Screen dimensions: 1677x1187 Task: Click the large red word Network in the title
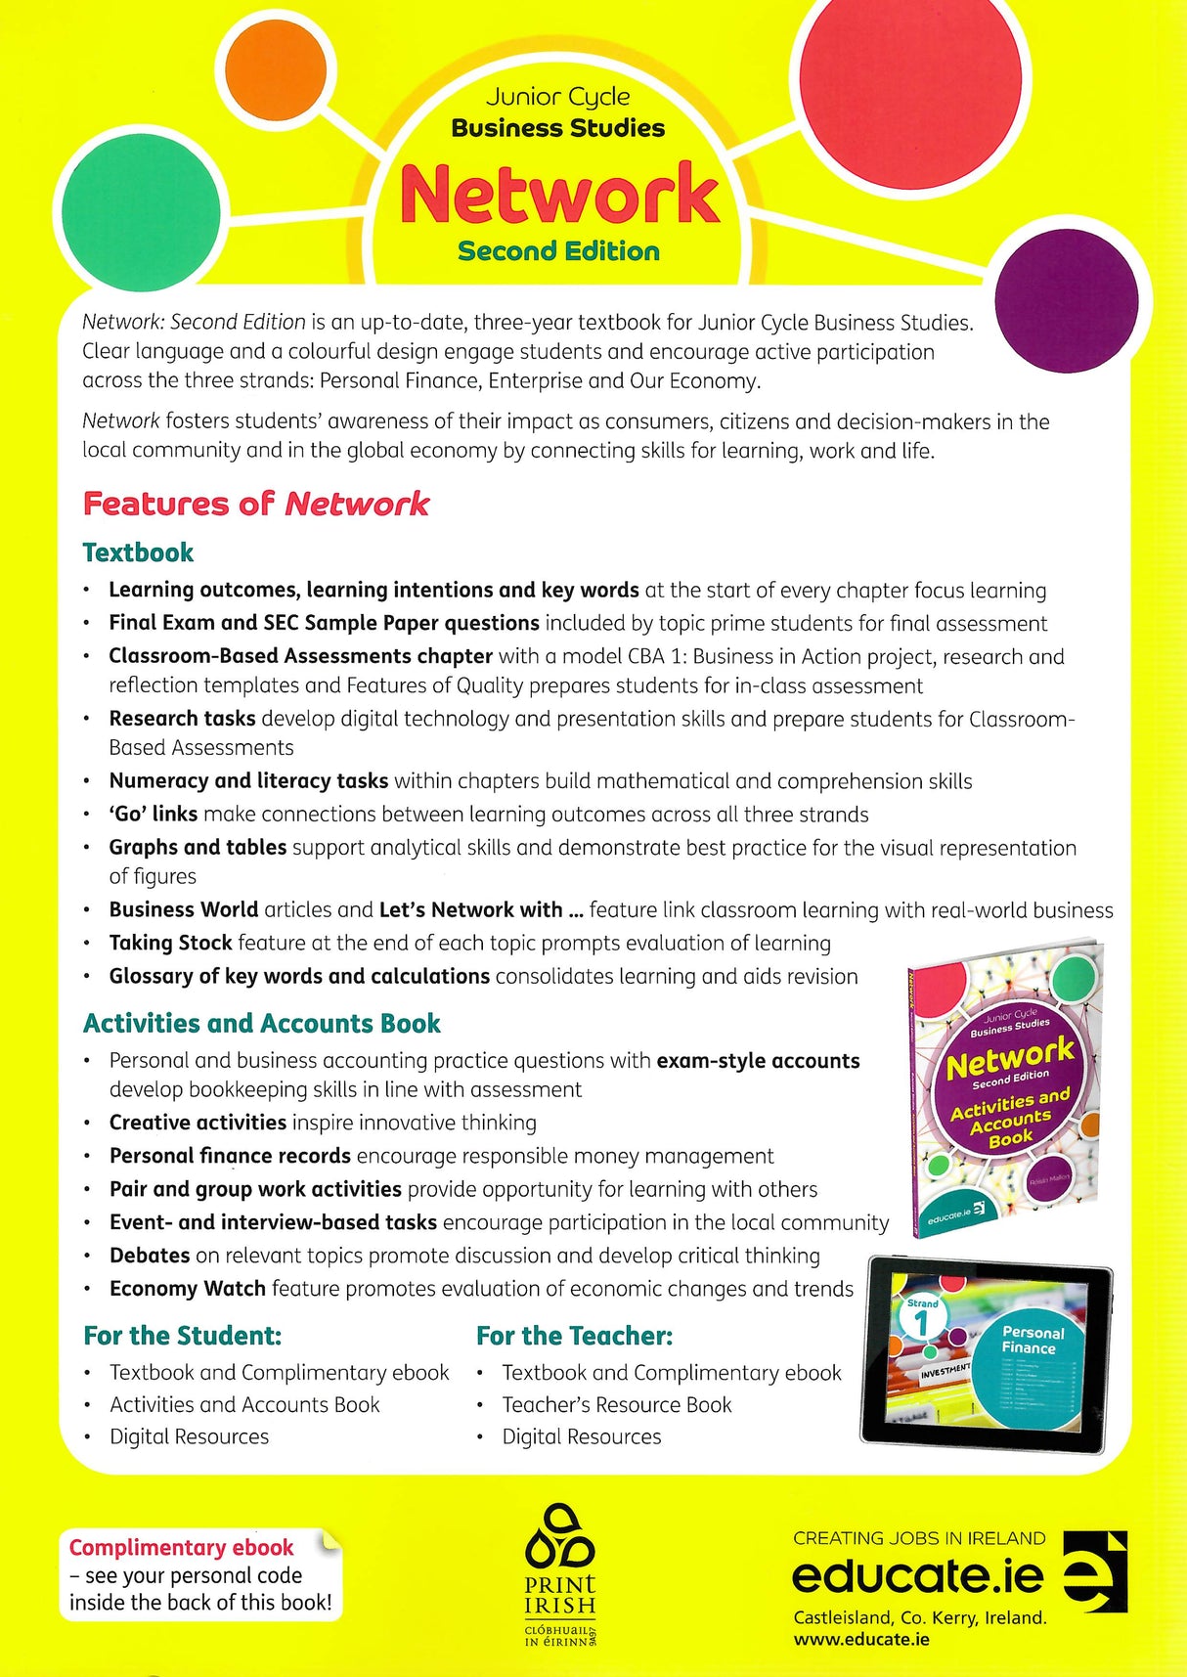click(559, 194)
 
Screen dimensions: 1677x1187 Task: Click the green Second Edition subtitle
click(558, 251)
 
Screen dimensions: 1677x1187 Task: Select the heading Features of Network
click(256, 504)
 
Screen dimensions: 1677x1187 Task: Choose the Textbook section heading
click(138, 552)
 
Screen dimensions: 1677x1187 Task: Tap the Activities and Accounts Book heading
click(262, 1023)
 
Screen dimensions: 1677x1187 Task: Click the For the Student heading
click(183, 1336)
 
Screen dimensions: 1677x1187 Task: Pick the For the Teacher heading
click(574, 1336)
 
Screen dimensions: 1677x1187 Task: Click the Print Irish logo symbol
click(559, 1539)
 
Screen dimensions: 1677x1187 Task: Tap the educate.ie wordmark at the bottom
click(917, 1576)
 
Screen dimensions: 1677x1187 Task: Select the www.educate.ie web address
click(861, 1639)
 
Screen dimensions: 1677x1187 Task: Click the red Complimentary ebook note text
click(182, 1547)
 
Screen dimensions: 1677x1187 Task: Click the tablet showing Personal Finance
click(986, 1352)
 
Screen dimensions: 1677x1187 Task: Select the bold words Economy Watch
click(187, 1289)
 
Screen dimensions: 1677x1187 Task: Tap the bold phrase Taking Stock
click(170, 943)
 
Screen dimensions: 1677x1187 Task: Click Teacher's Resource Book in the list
click(616, 1404)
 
